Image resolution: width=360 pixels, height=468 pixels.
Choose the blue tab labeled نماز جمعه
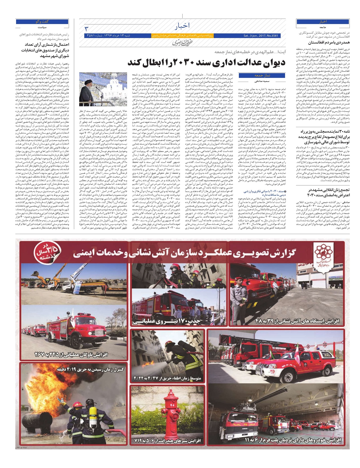tap(253, 75)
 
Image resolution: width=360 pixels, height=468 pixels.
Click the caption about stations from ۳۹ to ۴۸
tap(298, 321)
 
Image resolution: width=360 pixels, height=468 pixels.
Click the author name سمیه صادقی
tap(254, 81)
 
